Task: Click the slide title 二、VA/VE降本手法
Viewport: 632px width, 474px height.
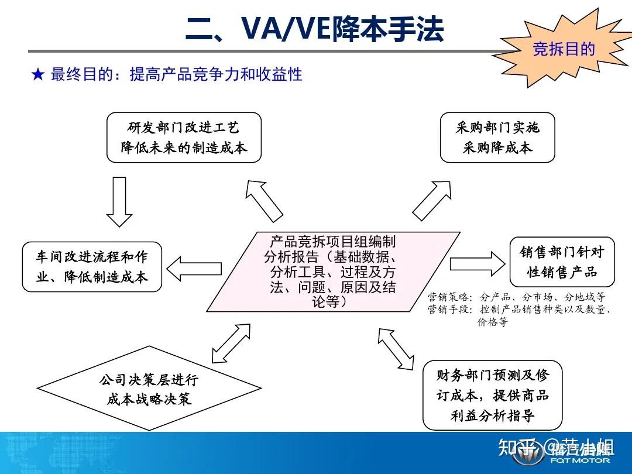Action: tap(314, 29)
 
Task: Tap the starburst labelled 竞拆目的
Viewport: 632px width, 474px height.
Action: tap(563, 49)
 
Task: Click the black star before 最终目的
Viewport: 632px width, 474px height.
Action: tap(38, 74)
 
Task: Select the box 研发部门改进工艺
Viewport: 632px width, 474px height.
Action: tap(184, 138)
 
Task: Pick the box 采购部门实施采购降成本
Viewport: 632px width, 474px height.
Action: tap(497, 138)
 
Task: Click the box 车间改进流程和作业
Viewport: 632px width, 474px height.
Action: tap(92, 266)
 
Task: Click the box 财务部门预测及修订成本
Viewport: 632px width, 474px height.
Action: tap(492, 395)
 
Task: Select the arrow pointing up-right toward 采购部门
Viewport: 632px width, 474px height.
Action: tap(432, 200)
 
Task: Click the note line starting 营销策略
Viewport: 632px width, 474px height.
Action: tap(516, 297)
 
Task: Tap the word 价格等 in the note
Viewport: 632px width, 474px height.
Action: tap(492, 322)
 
